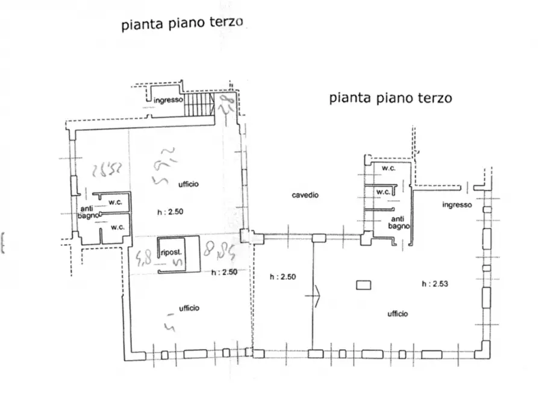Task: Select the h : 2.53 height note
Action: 435,283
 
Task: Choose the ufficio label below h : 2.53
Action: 398,314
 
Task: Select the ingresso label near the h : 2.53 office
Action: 457,205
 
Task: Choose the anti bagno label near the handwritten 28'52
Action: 86,212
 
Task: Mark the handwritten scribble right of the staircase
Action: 227,104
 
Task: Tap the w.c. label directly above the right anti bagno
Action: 383,192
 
